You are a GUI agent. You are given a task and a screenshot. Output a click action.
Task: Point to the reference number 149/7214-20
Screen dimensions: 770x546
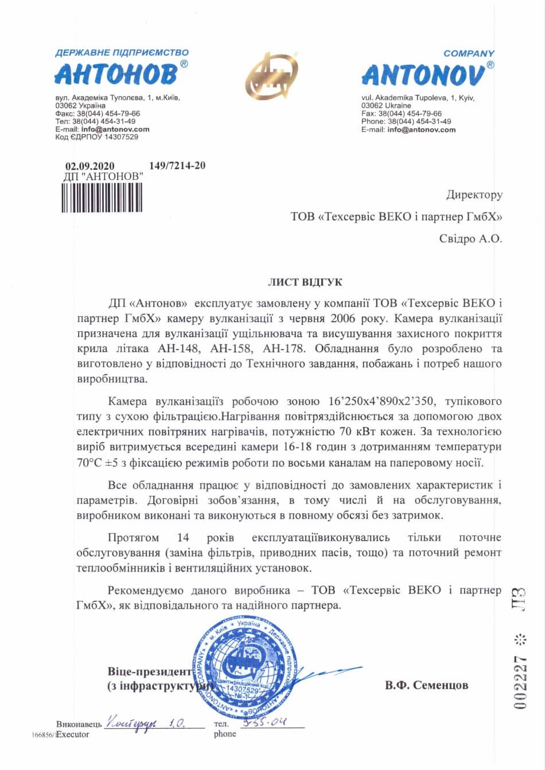pyautogui.click(x=177, y=166)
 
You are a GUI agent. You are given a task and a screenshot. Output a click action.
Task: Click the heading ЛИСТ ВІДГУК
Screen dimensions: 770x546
pyautogui.click(x=306, y=283)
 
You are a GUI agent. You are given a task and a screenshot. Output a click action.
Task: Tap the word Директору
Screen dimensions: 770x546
pyautogui.click(x=474, y=195)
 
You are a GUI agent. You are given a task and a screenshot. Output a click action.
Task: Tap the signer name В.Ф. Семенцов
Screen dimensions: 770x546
pyautogui.click(x=426, y=685)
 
